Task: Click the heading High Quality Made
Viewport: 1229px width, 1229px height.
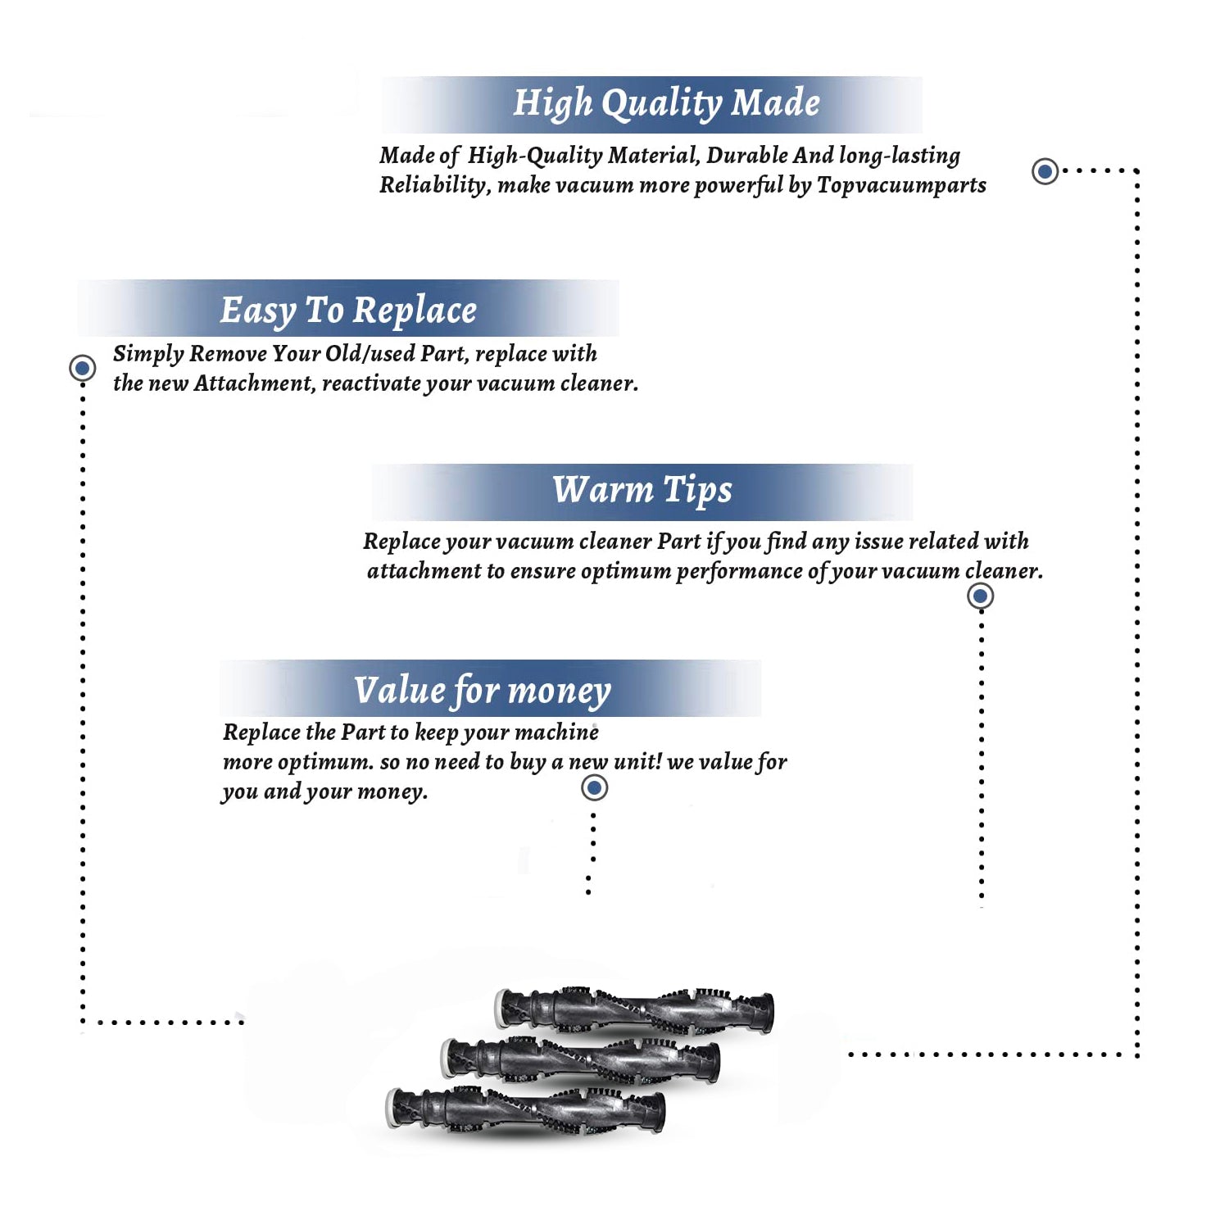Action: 666,104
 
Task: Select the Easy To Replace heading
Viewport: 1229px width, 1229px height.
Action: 348,311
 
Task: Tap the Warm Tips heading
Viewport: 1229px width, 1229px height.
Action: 642,491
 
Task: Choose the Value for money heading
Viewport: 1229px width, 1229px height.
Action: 482,691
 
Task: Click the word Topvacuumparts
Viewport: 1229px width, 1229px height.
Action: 901,186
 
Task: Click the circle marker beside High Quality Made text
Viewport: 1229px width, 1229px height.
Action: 1045,171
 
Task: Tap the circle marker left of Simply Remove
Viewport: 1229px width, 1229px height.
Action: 82,368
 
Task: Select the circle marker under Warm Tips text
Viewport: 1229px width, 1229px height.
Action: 980,596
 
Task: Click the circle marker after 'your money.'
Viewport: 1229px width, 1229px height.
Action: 594,788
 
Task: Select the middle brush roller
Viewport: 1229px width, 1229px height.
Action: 580,1059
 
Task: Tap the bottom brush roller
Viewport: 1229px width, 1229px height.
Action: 525,1110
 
